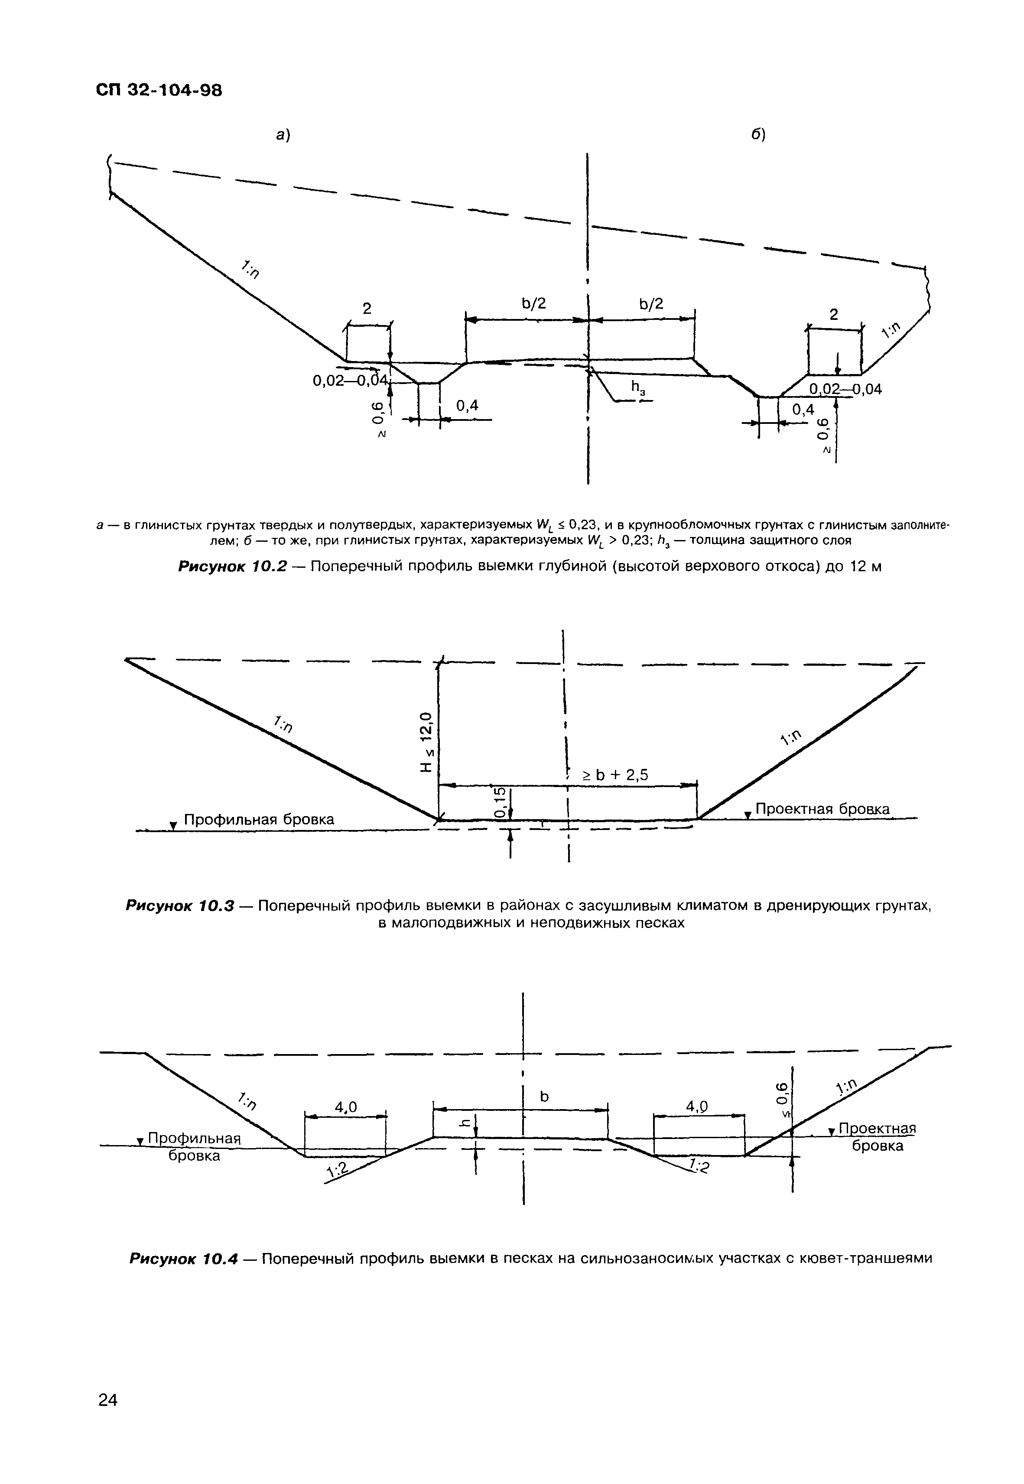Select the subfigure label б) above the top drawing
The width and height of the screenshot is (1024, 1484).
[x=759, y=135]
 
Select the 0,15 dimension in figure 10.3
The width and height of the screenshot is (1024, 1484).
[x=500, y=802]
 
